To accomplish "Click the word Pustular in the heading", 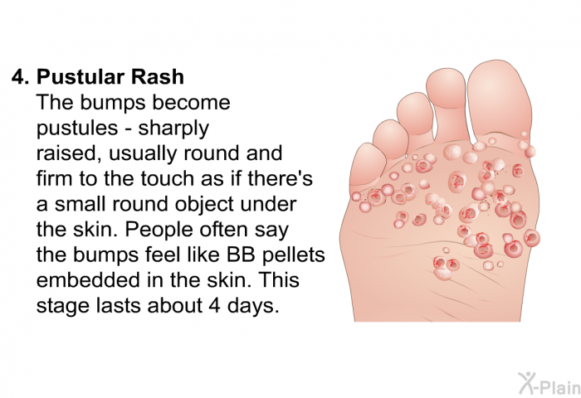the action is (80, 77).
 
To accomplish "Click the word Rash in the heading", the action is (157, 77).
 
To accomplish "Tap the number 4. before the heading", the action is (21, 77).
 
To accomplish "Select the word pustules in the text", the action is (77, 129).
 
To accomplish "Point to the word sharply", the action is (173, 129).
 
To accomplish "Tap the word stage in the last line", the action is (63, 307).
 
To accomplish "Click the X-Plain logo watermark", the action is (549, 384).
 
